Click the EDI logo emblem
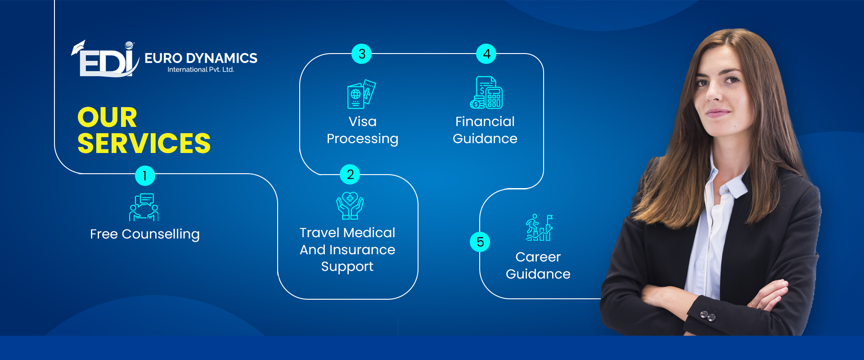point(105,59)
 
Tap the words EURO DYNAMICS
point(201,58)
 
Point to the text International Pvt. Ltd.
point(201,70)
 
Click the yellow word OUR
point(107,117)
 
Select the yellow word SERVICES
point(144,144)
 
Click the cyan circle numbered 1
point(145,175)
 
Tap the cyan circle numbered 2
point(350,175)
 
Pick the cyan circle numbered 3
point(362,54)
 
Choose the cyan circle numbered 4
point(486,54)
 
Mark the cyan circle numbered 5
point(480,242)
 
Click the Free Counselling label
point(145,234)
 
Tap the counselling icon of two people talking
point(144,207)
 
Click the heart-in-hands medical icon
point(350,206)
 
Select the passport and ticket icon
point(361,94)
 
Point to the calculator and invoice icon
point(486,93)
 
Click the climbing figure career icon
point(539,227)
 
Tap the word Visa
point(363,121)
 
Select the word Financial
point(485,121)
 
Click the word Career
point(538,257)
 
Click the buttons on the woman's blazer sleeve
point(708,315)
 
